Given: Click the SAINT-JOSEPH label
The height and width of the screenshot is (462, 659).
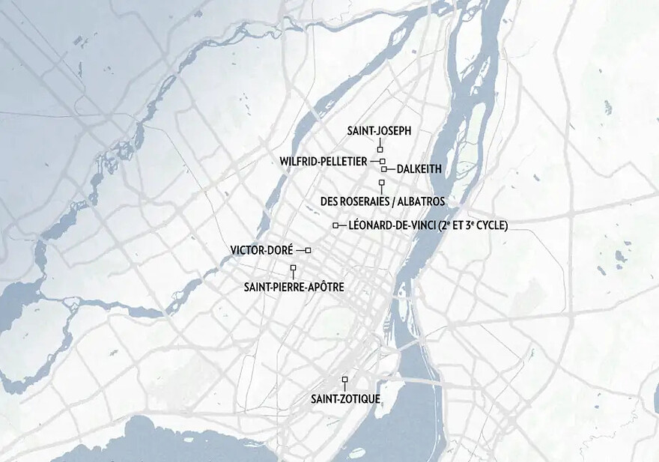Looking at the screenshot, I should (379, 131).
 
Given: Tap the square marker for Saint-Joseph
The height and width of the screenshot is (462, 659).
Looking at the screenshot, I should (380, 151).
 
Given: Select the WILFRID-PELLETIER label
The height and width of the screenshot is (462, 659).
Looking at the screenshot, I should (324, 161).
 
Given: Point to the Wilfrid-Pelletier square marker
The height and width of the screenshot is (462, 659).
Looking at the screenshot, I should (382, 161).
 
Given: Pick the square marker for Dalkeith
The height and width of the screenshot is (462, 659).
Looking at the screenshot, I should (383, 168).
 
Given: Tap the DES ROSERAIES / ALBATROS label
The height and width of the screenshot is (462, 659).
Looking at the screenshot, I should (382, 201).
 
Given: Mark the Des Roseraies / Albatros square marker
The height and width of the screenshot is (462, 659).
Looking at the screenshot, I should (381, 183).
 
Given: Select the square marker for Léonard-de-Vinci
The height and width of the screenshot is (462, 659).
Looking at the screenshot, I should (335, 225).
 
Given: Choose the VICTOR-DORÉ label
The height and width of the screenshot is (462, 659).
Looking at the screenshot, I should (261, 250).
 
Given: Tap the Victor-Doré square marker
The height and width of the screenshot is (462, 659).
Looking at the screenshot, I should (308, 250).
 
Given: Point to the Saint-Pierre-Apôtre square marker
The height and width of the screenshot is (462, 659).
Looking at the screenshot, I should (293, 267).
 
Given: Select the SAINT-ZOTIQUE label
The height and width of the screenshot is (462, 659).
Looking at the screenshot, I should (345, 398).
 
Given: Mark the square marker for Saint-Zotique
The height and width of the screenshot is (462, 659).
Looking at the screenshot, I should (345, 380).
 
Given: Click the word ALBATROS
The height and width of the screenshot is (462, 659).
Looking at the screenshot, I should (421, 201).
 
